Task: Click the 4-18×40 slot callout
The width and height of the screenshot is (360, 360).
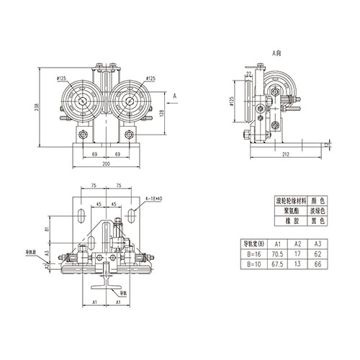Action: (x=155, y=197)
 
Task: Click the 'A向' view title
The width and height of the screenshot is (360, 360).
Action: (x=279, y=53)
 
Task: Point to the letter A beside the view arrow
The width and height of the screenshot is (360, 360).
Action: (x=176, y=94)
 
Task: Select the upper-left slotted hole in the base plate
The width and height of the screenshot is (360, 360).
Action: (x=79, y=214)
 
